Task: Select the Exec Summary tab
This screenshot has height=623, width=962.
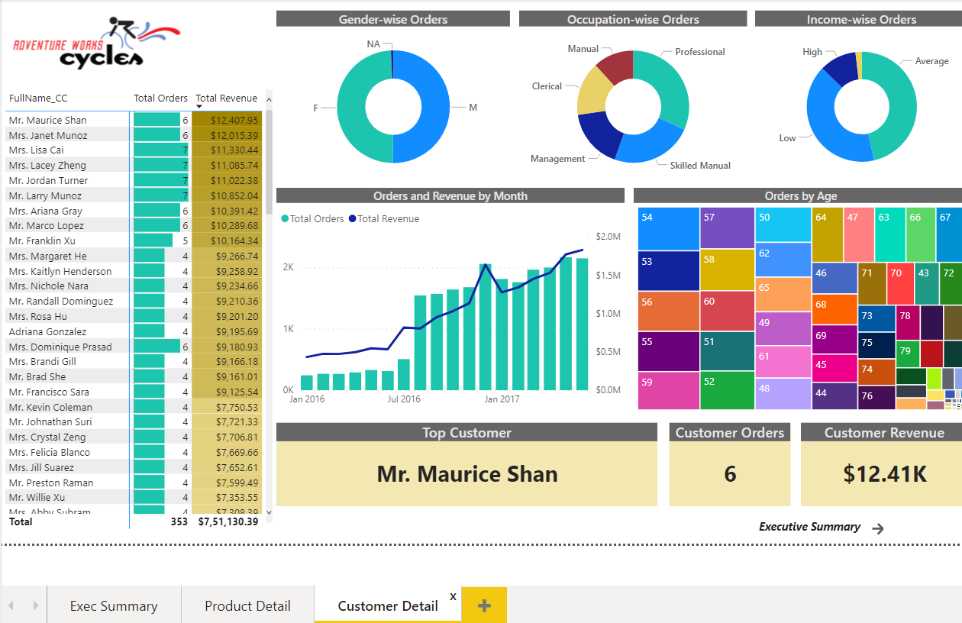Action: tap(114, 605)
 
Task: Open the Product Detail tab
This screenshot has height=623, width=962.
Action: tap(247, 605)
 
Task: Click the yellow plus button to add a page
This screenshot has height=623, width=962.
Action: tap(484, 605)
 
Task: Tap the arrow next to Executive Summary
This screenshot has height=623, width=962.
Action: tap(878, 528)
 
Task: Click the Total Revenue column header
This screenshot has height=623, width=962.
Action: tap(226, 98)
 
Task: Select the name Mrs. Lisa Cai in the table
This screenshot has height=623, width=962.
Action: tap(36, 150)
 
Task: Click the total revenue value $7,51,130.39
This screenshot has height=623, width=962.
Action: tap(228, 521)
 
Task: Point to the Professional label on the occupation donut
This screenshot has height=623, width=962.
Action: tap(699, 52)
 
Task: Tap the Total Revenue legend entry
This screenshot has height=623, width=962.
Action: tap(388, 218)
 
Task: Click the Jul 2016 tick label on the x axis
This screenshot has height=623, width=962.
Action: tap(404, 399)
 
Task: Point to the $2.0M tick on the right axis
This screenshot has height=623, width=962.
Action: tap(608, 237)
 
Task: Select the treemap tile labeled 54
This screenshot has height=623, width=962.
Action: tap(669, 228)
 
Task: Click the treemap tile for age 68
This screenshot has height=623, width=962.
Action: tap(834, 309)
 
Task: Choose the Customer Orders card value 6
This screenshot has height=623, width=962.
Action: tap(729, 473)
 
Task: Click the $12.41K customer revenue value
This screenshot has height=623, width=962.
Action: tap(884, 473)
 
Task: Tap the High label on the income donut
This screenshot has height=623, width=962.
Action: tap(812, 52)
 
